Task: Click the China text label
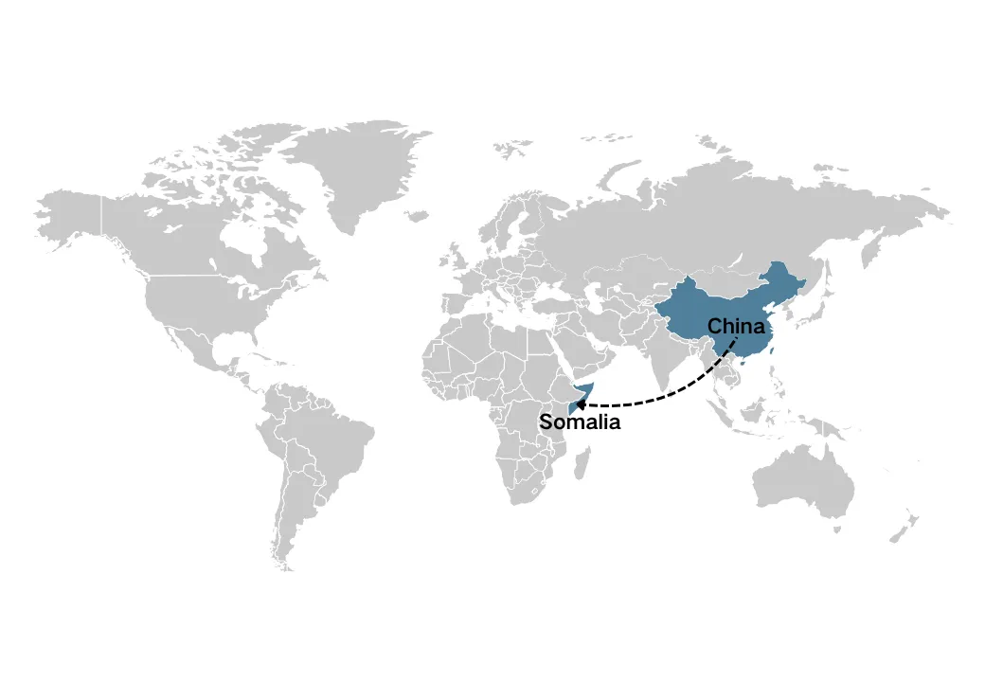point(736,327)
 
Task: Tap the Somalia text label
point(580,422)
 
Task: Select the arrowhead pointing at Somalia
point(581,404)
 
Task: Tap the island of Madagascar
point(584,464)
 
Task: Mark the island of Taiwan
point(774,350)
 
